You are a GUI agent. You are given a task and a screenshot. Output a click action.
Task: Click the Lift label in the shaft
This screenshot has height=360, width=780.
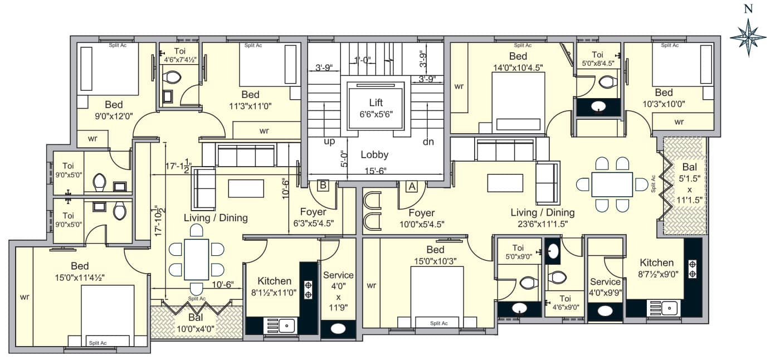pyautogui.click(x=376, y=103)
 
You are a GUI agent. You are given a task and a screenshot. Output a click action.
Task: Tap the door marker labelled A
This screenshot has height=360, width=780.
pyautogui.click(x=412, y=187)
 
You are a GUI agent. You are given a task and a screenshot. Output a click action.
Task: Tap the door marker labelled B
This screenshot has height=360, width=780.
pyautogui.click(x=323, y=185)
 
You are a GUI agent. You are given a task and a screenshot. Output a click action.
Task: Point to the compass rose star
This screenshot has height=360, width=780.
pyautogui.click(x=748, y=37)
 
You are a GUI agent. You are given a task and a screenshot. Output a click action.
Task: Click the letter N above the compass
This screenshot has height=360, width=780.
pyautogui.click(x=748, y=9)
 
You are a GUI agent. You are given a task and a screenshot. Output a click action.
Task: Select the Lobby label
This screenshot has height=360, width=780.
pyautogui.click(x=374, y=155)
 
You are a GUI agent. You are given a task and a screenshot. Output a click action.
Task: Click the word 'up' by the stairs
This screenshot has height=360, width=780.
pyautogui.click(x=329, y=142)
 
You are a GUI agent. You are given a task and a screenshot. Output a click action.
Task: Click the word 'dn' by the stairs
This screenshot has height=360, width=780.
pyautogui.click(x=428, y=142)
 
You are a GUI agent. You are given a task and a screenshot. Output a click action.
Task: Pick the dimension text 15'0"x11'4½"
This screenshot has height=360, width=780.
pyautogui.click(x=80, y=278)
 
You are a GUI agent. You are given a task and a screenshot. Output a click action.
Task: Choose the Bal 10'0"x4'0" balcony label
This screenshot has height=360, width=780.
pyautogui.click(x=196, y=323)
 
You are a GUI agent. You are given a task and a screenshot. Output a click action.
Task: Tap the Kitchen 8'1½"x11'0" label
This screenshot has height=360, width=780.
pyautogui.click(x=274, y=286)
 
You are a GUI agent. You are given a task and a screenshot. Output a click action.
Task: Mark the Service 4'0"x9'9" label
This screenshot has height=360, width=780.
pyautogui.click(x=605, y=287)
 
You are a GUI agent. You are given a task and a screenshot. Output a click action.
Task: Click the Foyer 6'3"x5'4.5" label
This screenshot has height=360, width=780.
pyautogui.click(x=313, y=217)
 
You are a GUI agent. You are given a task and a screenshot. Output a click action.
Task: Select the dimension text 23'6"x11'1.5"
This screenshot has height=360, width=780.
pyautogui.click(x=543, y=224)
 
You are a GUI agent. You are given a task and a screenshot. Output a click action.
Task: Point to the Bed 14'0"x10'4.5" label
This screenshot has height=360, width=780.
pyautogui.click(x=518, y=62)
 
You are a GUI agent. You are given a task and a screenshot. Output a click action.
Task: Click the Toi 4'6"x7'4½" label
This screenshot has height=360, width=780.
pyautogui.click(x=180, y=55)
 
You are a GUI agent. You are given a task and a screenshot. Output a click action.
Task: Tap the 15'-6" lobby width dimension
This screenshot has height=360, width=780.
pyautogui.click(x=376, y=171)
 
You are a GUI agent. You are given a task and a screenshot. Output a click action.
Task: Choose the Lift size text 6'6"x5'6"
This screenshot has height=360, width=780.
pyautogui.click(x=376, y=114)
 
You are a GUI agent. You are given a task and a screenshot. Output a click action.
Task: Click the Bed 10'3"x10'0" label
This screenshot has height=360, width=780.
pyautogui.click(x=664, y=98)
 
